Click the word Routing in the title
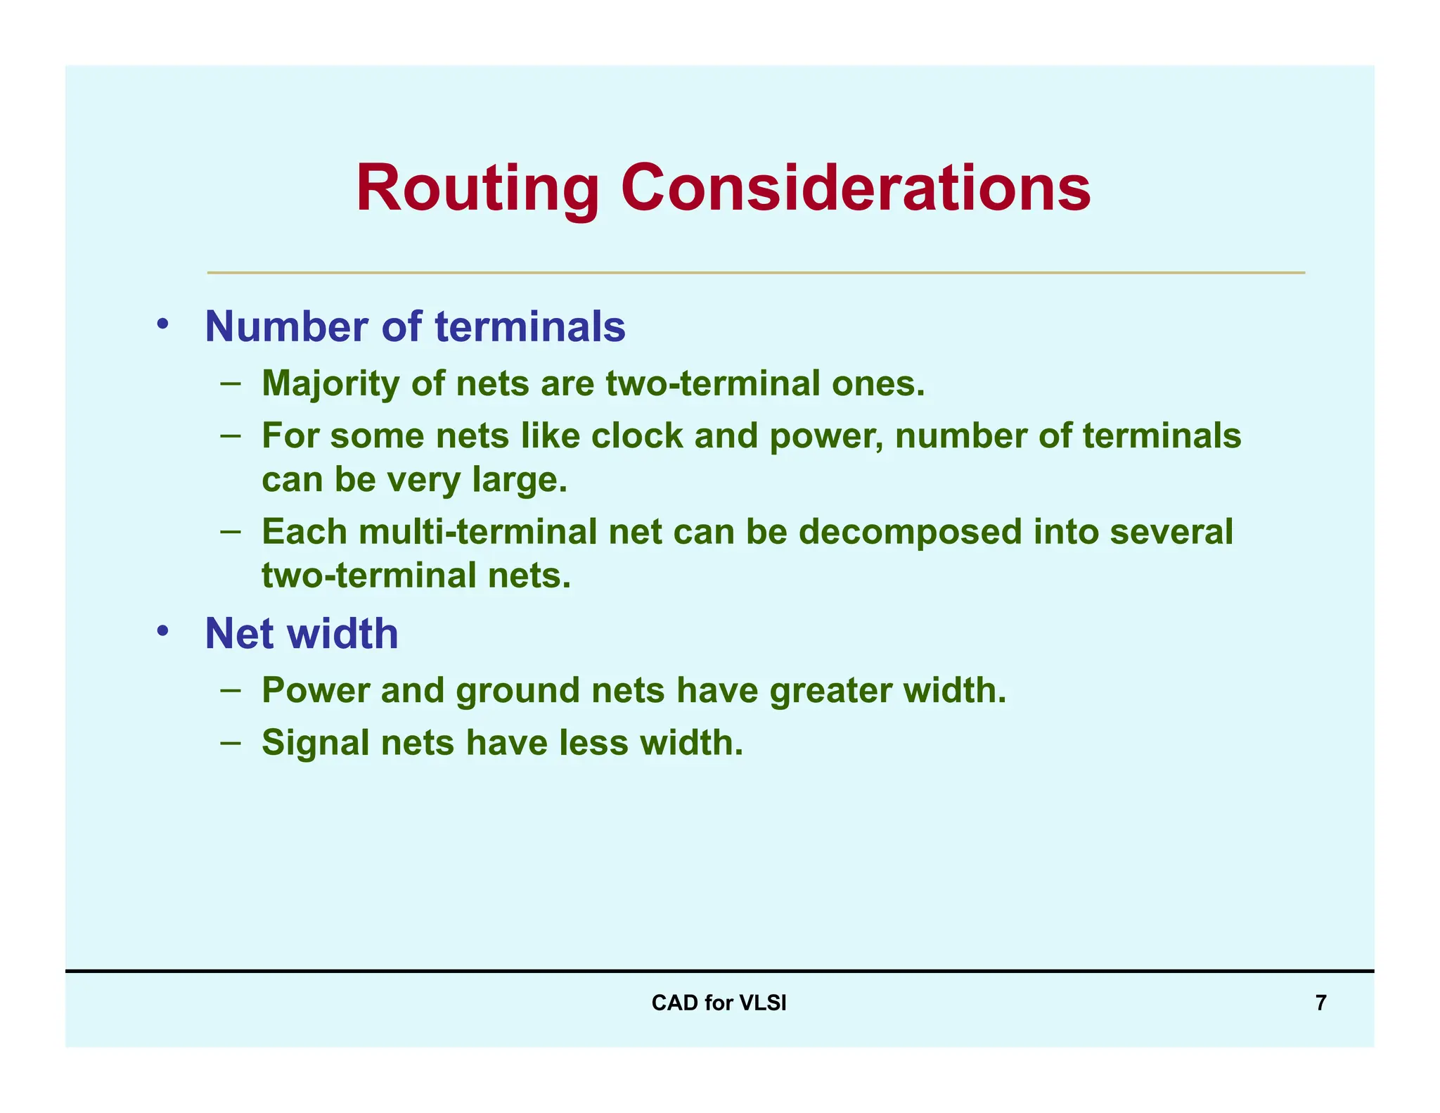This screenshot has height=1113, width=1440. tap(477, 189)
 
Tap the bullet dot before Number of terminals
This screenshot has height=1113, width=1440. tap(163, 324)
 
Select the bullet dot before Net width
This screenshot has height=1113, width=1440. tap(163, 630)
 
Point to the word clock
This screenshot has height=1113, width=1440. tap(636, 435)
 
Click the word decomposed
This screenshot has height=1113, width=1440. tap(910, 532)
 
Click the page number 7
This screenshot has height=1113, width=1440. tap(1320, 1003)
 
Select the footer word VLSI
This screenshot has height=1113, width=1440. tap(762, 1003)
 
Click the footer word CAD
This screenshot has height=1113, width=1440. tap(674, 1003)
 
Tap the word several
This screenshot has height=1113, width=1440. tap(1171, 532)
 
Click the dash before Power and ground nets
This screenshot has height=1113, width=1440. tap(230, 689)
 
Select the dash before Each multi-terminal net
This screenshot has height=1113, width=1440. tap(230, 531)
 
